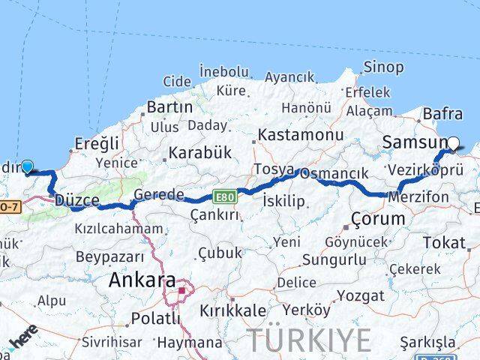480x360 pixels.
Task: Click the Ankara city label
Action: click(x=142, y=280)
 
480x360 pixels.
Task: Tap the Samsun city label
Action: click(x=413, y=142)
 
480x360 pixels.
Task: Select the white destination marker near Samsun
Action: click(x=453, y=142)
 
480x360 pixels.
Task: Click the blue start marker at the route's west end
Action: click(x=27, y=167)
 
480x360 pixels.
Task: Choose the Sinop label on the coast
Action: click(x=383, y=67)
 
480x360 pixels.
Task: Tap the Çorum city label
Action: click(x=378, y=219)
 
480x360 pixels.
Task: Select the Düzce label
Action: click(x=76, y=200)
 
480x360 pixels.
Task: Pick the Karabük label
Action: click(x=199, y=152)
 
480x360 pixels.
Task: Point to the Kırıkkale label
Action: click(x=232, y=310)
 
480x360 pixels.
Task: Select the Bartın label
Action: click(x=169, y=107)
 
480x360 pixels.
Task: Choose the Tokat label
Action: click(x=444, y=242)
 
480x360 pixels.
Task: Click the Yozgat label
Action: click(x=360, y=295)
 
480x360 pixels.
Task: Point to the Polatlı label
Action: click(x=155, y=319)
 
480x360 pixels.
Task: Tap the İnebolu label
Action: click(x=223, y=72)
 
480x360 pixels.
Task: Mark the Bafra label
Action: click(x=442, y=113)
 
